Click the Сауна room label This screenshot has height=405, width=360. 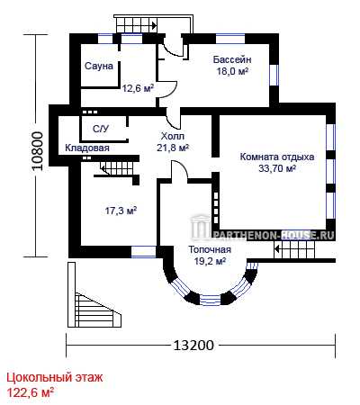coord(99,66)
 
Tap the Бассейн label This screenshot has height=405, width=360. coord(232,59)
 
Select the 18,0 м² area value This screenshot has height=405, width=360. coord(232,72)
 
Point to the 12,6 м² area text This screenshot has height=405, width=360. coord(138,88)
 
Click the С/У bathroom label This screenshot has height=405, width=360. coord(101,129)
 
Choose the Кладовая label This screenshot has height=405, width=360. coord(87,148)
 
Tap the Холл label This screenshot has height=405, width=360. coord(173,136)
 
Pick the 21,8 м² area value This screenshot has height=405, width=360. coord(173,148)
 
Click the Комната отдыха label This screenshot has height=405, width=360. coord(277,157)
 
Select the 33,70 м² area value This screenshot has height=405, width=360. coord(277,168)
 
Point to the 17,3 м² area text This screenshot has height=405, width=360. coord(121,211)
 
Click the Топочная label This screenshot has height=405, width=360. coord(210,249)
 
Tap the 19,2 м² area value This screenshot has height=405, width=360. coord(210,261)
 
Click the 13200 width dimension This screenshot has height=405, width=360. coord(193,345)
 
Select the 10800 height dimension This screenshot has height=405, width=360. coord(39,151)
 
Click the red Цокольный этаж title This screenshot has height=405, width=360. coord(55,377)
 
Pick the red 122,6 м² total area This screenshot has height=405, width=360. coord(31,392)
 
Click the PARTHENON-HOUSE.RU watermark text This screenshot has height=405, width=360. coord(274,236)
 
